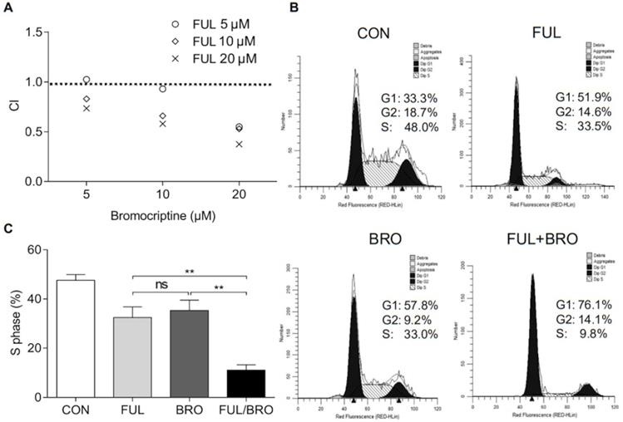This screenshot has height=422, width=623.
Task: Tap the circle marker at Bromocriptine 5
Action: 86,80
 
